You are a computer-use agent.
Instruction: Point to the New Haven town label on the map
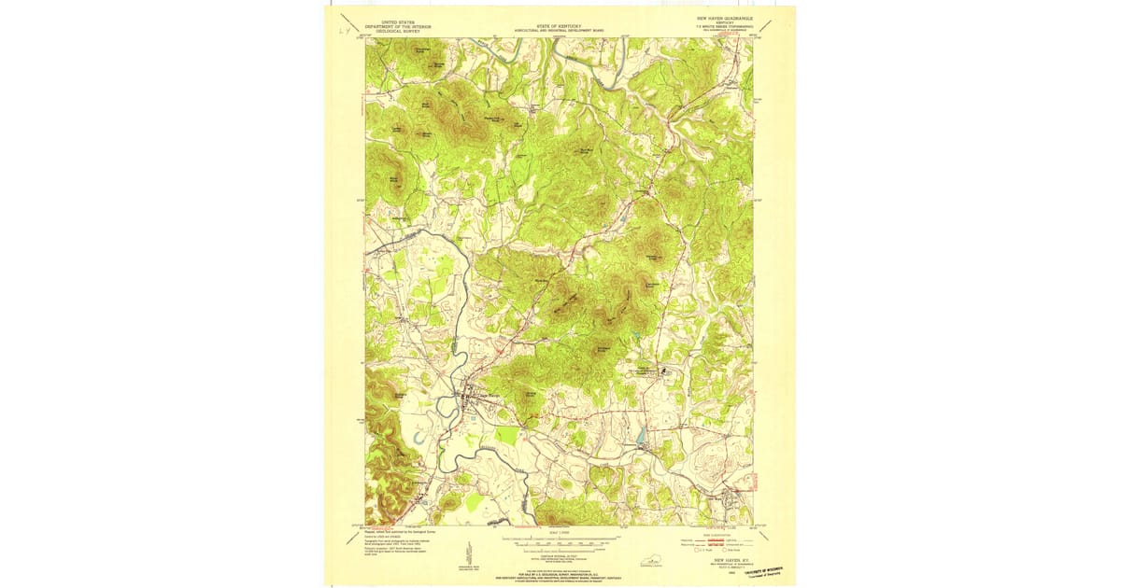coord(478,395)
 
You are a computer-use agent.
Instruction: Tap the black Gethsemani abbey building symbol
coord(664,373)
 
